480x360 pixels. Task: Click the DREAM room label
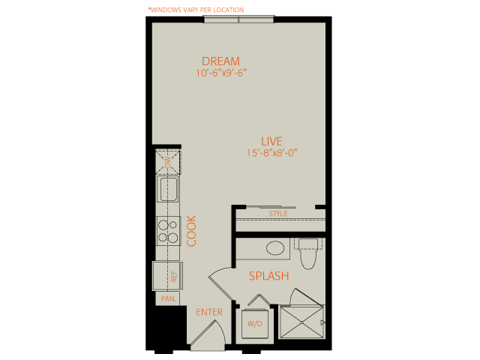pyautogui.click(x=220, y=61)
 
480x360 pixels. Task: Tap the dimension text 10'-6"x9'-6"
pyautogui.click(x=221, y=73)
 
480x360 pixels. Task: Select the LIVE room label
pyautogui.click(x=271, y=142)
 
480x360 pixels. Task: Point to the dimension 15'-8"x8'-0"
pyautogui.click(x=272, y=153)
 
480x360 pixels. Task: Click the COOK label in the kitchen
pyautogui.click(x=191, y=231)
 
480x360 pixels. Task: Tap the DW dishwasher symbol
pyautogui.click(x=168, y=162)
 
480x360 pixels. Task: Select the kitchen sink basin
pyautogui.click(x=168, y=189)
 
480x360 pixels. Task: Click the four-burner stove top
pyautogui.click(x=168, y=231)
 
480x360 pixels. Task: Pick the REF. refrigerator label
pyautogui.click(x=174, y=275)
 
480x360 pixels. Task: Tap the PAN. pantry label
pyautogui.click(x=168, y=298)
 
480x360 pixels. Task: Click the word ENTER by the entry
pyautogui.click(x=209, y=312)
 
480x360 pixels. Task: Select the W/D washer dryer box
pyautogui.click(x=255, y=323)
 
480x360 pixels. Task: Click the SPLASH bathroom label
pyautogui.click(x=269, y=276)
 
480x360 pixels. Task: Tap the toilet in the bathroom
pyautogui.click(x=308, y=253)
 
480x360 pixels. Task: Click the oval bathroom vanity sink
pyautogui.click(x=275, y=248)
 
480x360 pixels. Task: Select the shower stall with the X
pyautogui.click(x=301, y=322)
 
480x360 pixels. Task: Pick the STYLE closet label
pyautogui.click(x=278, y=214)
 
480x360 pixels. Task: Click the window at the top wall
pyautogui.click(x=238, y=19)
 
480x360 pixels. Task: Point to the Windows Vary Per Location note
pyautogui.click(x=196, y=10)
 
